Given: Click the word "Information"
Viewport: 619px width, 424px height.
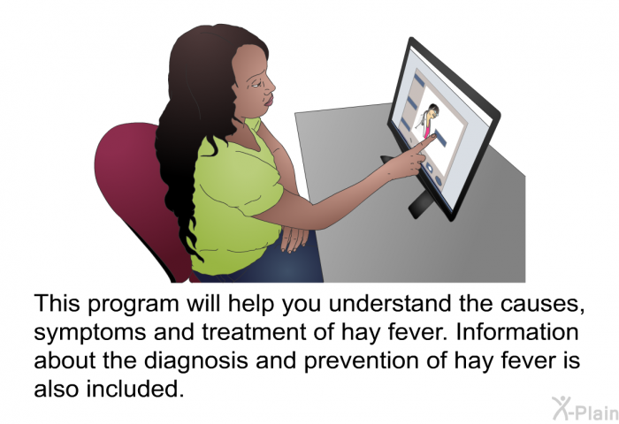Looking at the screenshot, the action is (x=517, y=332).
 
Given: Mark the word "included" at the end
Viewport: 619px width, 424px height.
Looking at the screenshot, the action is (x=135, y=389).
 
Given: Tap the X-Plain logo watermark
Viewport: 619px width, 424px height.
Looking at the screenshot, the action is (x=585, y=409).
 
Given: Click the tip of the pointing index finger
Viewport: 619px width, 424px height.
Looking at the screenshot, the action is (x=434, y=135).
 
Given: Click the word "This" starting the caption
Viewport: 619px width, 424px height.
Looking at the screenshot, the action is (x=57, y=303).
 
